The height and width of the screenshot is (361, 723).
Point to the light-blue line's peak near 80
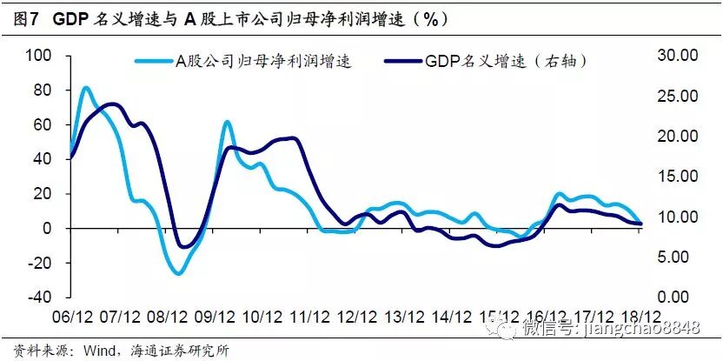pos(85,88)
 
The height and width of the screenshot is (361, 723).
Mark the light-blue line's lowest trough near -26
pos(178,273)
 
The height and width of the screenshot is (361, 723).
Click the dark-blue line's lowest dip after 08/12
pos(183,247)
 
